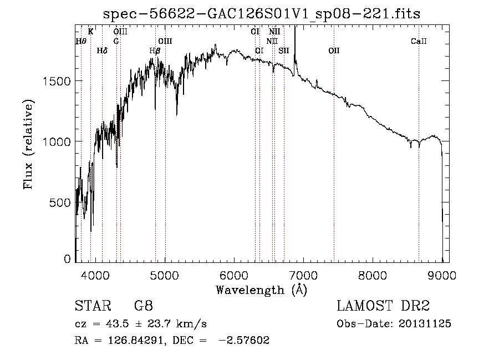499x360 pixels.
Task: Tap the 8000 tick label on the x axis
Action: click(x=373, y=275)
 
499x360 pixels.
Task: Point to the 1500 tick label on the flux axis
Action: click(x=57, y=81)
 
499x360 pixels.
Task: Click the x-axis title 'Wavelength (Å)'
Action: click(x=261, y=290)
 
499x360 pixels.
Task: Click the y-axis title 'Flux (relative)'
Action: click(x=28, y=144)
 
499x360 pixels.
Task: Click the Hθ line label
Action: click(x=81, y=42)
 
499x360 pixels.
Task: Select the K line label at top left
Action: click(x=90, y=32)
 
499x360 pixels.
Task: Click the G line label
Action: click(x=116, y=42)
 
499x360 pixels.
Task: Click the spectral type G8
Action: click(x=143, y=306)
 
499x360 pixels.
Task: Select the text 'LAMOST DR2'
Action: click(x=383, y=306)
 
